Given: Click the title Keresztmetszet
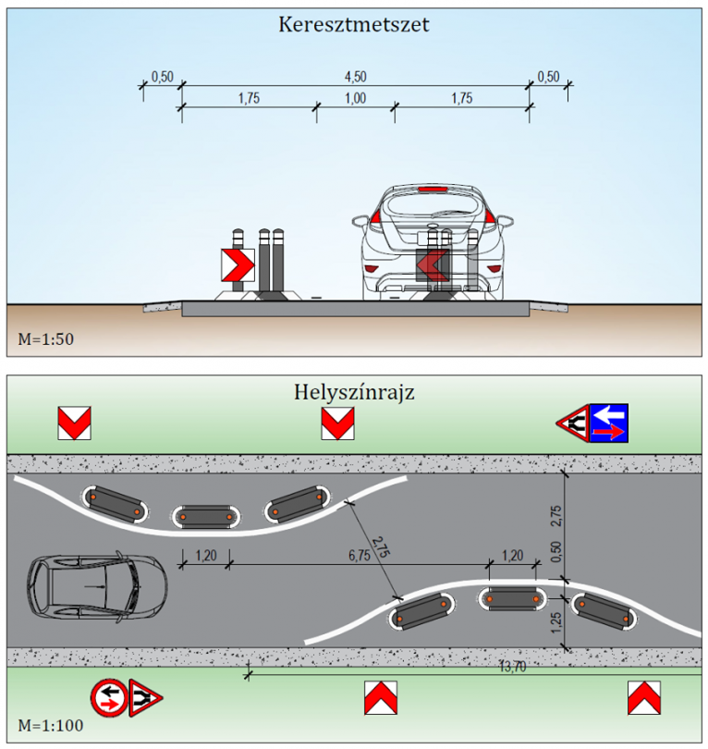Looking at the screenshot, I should point(354,25).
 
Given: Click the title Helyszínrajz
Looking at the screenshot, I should point(354,392).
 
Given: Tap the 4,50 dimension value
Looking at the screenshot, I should point(355,77).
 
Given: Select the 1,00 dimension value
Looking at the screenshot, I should point(355,100).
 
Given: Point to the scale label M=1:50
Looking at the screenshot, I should point(45,339).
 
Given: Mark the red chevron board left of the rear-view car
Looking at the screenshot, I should point(238,265).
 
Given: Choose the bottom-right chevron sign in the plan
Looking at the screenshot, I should point(644,697).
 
